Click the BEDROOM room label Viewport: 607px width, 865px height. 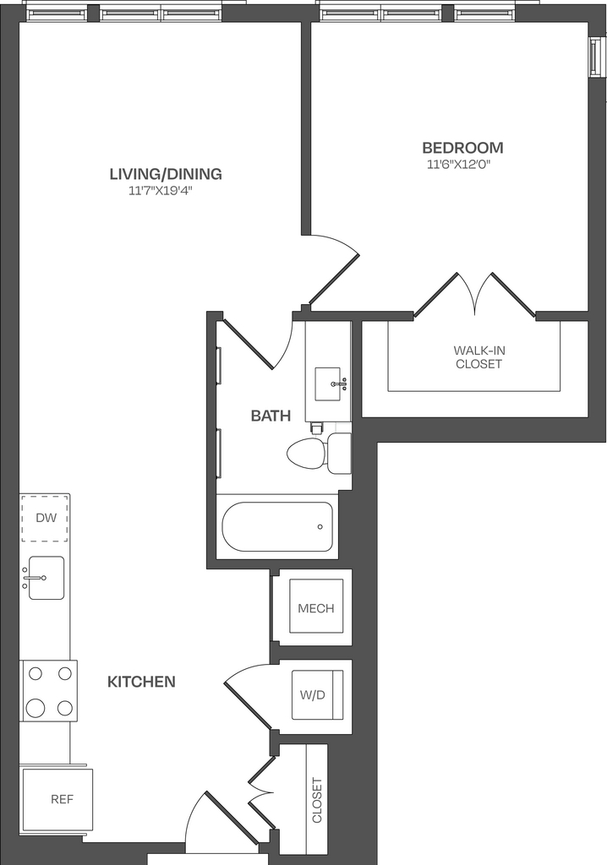coord(462,148)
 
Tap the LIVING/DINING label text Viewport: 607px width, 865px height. coord(166,174)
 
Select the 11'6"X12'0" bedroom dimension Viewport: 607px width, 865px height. coord(459,165)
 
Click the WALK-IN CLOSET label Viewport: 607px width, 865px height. coord(478,357)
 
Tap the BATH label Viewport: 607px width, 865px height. coord(271,416)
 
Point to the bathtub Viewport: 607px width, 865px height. coord(277,526)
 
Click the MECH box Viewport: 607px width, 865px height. coord(316,607)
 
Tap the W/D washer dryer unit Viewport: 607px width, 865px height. coord(317,694)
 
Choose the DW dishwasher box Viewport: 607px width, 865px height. coord(45,518)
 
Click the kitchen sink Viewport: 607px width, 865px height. coord(46,578)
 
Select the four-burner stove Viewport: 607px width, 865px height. coord(48,691)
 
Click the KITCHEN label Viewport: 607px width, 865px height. coord(141,682)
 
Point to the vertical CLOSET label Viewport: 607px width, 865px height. coord(317,800)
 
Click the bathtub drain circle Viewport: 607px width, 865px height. coord(320,527)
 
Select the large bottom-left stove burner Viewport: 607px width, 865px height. coord(36,707)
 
